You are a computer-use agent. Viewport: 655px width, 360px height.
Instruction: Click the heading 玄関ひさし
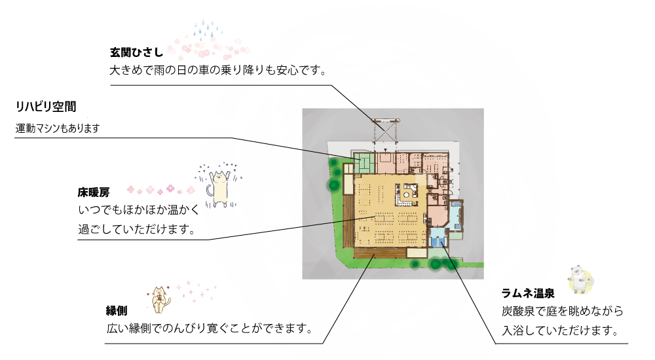click(136, 52)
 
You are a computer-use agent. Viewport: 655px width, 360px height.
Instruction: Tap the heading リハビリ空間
click(46, 107)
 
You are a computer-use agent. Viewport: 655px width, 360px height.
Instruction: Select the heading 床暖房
click(94, 192)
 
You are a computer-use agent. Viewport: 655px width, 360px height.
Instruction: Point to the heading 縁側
click(117, 311)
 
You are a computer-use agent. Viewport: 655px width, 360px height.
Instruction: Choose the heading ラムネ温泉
click(528, 293)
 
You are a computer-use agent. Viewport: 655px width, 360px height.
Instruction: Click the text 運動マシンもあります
click(58, 128)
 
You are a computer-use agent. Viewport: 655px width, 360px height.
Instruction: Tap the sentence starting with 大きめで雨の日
click(217, 70)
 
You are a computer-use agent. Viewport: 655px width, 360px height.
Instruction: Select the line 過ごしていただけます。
click(137, 229)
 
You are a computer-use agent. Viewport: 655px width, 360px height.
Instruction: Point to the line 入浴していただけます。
click(560, 331)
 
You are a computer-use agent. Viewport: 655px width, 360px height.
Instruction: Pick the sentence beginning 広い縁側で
click(210, 329)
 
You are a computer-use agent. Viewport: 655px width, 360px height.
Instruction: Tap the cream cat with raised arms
click(219, 185)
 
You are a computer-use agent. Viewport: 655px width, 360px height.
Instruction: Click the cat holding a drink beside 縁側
click(159, 299)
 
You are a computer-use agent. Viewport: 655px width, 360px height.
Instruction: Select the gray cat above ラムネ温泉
click(580, 279)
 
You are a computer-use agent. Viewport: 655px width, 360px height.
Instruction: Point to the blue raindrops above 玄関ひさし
click(208, 31)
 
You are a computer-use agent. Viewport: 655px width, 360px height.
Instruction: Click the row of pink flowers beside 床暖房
click(161, 190)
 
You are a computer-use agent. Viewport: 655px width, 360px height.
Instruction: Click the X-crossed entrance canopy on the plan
click(384, 131)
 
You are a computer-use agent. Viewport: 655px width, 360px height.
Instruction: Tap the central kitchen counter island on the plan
click(407, 194)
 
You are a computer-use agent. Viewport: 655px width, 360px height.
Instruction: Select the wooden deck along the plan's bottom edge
click(380, 253)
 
